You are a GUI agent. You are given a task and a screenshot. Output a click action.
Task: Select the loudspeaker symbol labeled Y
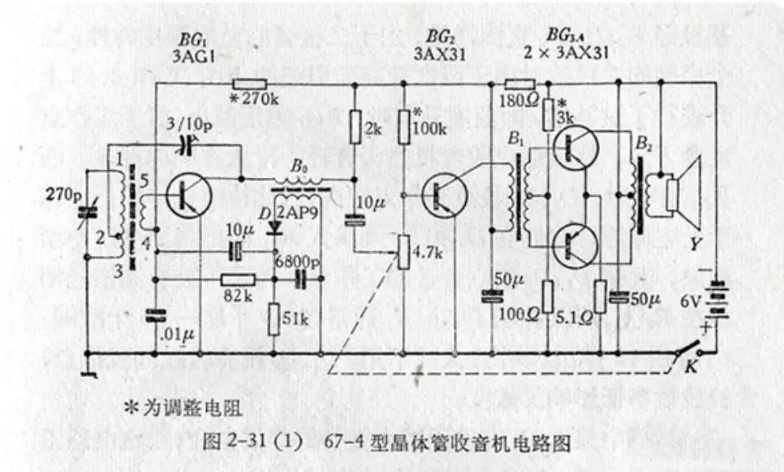682,193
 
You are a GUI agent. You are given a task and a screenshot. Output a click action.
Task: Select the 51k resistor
274,318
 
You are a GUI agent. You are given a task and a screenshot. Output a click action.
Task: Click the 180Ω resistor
519,84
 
